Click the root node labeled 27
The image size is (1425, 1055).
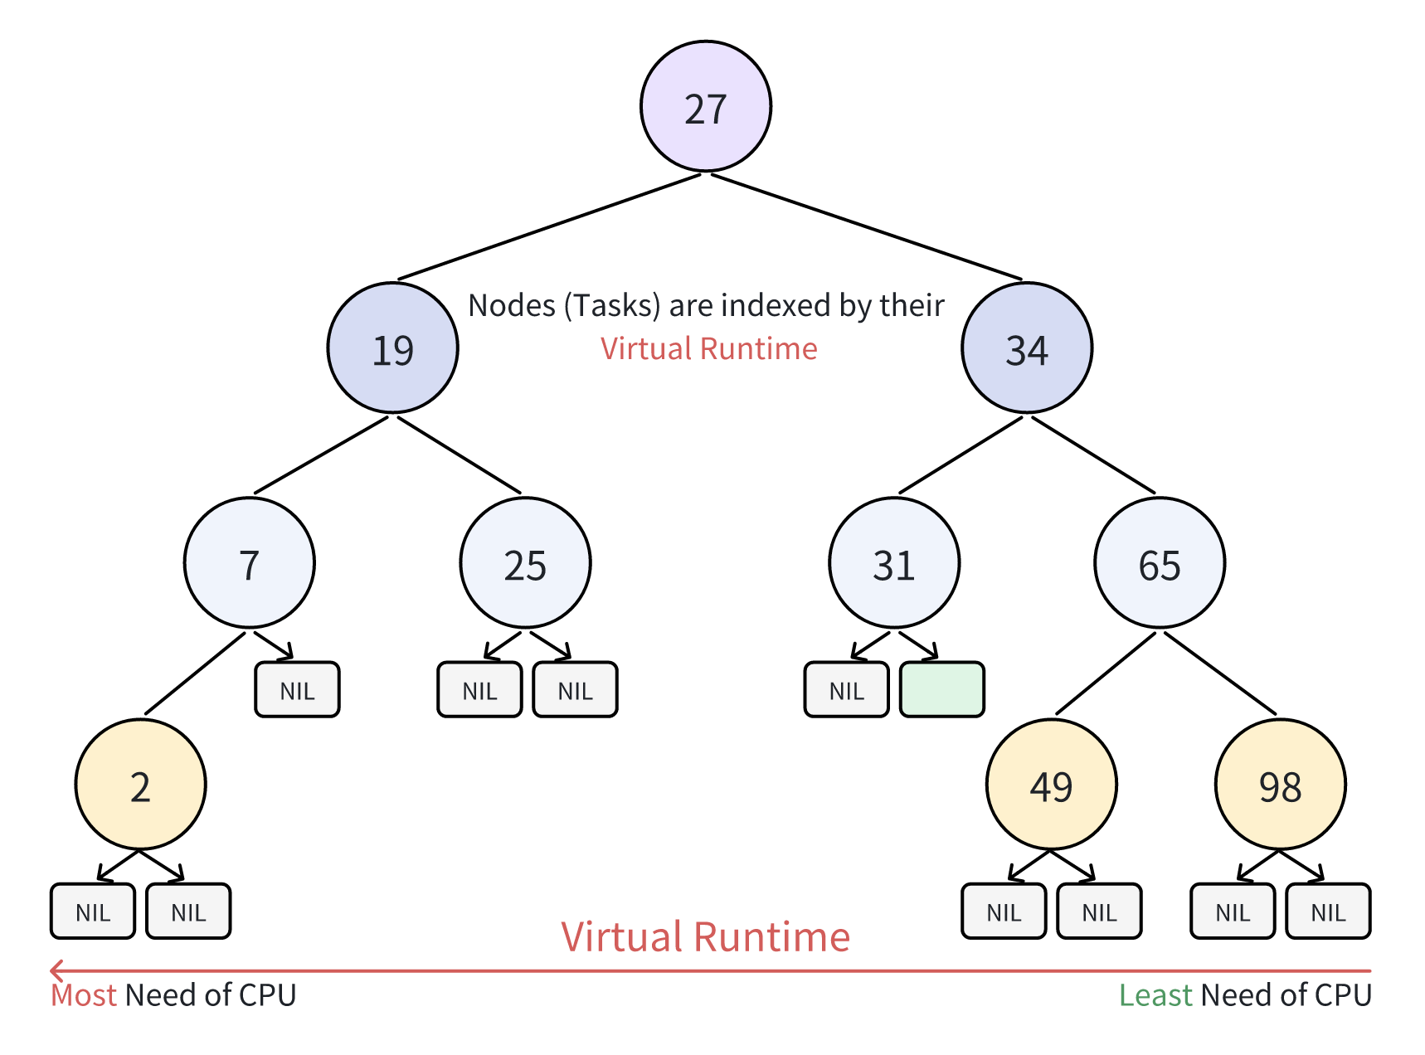coord(706,107)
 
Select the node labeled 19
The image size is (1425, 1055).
coord(392,348)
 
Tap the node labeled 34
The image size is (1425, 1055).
coord(1027,348)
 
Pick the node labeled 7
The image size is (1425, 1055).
coord(249,563)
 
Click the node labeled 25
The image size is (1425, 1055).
coord(525,563)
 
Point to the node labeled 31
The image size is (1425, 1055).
coord(894,563)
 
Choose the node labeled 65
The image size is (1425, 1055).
coord(1160,563)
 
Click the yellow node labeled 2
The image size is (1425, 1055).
coord(140,785)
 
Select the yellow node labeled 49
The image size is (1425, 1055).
coord(1051,785)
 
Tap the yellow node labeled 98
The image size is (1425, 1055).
coord(1280,785)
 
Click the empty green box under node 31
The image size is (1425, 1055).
coord(941,689)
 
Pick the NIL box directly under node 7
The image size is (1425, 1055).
coord(297,689)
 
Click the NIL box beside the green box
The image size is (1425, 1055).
coord(846,689)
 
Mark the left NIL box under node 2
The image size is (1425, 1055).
coord(93,911)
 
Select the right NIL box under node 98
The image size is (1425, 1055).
coord(1327,911)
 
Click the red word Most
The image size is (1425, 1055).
coord(83,995)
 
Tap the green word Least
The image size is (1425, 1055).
coord(1155,995)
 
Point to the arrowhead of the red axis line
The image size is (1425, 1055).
coord(55,970)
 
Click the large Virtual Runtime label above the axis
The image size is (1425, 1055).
coord(705,937)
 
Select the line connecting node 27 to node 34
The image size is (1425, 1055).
coord(867,226)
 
